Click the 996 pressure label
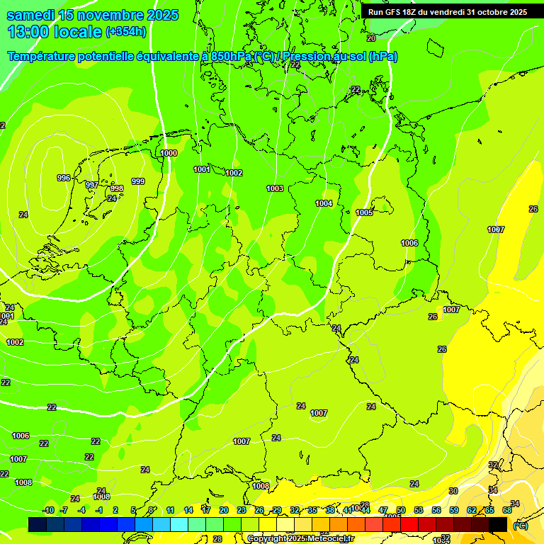[x=64, y=178]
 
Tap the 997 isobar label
[x=92, y=185]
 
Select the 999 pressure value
[x=138, y=181]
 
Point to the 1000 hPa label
[x=169, y=153]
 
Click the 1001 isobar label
[x=202, y=169]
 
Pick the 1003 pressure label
[x=275, y=188]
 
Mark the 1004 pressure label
[x=324, y=203]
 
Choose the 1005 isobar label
[x=365, y=212]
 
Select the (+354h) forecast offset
[x=126, y=31]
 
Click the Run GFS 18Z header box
[x=447, y=12]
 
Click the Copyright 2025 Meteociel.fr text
[x=300, y=539]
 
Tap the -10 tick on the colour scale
[x=48, y=510]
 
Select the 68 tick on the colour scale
[x=507, y=510]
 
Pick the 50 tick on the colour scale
[x=401, y=510]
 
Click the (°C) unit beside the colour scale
[x=520, y=525]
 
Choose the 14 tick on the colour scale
[x=188, y=510]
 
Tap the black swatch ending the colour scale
[x=498, y=524]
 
